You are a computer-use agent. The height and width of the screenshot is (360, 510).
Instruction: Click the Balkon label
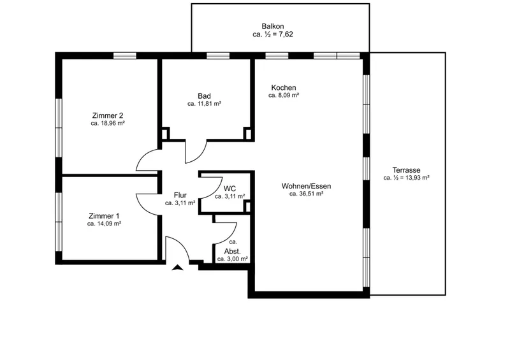(x=273, y=26)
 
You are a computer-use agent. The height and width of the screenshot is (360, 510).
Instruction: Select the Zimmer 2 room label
(x=108, y=115)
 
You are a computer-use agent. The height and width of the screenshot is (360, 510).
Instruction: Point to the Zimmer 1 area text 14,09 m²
(x=109, y=224)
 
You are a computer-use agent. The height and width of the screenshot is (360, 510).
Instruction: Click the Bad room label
(x=204, y=96)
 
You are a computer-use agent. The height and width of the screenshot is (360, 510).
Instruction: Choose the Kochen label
(x=284, y=87)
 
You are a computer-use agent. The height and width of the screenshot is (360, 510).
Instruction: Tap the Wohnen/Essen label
(x=307, y=186)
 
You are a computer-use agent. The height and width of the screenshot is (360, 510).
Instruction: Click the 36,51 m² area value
(x=311, y=194)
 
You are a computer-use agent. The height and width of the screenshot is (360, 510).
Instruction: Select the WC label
(x=229, y=189)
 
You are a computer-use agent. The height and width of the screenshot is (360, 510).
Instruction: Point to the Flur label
(x=180, y=195)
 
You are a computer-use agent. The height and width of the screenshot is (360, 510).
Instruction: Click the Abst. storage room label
(x=233, y=252)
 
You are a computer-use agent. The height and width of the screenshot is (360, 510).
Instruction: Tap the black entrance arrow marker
(x=178, y=268)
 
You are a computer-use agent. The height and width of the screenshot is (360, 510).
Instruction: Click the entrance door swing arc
(x=183, y=243)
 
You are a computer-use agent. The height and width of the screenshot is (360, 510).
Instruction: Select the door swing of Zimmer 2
(x=142, y=155)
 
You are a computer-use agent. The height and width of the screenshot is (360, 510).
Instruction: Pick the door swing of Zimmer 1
(x=143, y=208)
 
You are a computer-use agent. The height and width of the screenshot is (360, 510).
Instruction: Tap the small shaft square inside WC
(x=247, y=207)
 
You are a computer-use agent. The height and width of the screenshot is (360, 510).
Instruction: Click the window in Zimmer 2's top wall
(x=124, y=55)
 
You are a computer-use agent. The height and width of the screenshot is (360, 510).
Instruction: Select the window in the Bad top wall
(x=218, y=55)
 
